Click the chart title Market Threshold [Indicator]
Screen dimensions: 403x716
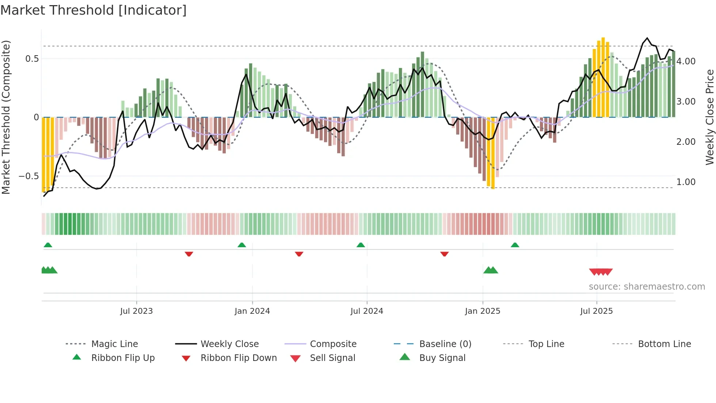tap(94, 10)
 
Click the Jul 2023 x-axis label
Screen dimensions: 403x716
tap(136, 311)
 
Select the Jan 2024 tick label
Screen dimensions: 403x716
tap(252, 311)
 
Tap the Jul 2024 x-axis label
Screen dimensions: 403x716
tap(367, 311)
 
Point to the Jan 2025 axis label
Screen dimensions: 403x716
tap(483, 311)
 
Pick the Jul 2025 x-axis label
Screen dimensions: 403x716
tap(597, 311)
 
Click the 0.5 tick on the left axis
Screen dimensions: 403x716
tap(32, 59)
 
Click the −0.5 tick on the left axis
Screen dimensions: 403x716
tap(29, 176)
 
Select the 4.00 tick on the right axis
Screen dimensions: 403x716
tap(686, 61)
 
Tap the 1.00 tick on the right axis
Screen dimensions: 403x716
tap(686, 182)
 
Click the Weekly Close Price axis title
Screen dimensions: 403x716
tap(709, 117)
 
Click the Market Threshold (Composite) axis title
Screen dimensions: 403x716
tap(6, 117)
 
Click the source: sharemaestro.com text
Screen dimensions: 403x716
tap(647, 286)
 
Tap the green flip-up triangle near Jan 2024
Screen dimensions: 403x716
tap(241, 245)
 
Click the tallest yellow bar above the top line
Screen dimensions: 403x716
tap(603, 77)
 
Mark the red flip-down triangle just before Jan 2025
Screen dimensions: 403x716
tap(444, 254)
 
